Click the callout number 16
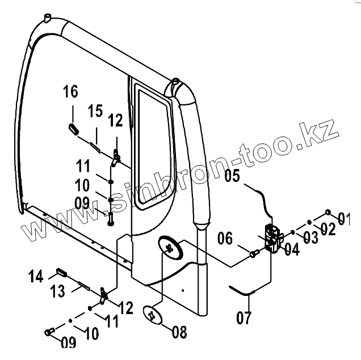70,92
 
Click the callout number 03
310,237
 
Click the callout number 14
36,277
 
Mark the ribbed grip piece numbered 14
62,273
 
